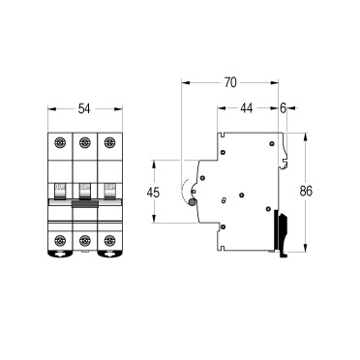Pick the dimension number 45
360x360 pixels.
click(153, 193)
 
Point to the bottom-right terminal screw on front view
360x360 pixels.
click(108, 240)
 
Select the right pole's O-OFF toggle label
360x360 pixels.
click(108, 189)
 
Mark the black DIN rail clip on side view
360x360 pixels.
click(283, 232)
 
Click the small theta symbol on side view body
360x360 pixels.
click(225, 200)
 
